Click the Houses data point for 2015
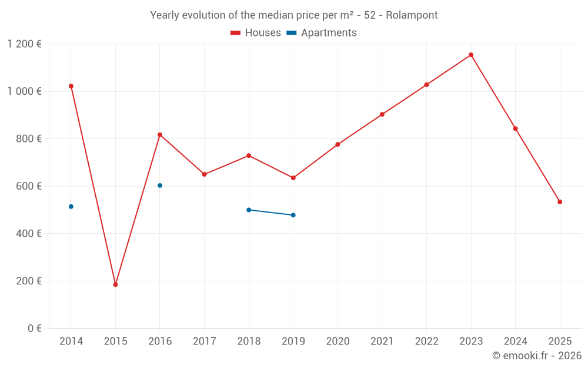115,284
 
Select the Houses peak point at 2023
471,55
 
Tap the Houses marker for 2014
71,86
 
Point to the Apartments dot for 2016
160,185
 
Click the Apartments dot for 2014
71,207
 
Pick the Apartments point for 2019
293,215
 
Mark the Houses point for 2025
560,202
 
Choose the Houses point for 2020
338,144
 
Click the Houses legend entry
256,33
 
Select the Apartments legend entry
322,33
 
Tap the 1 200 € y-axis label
24,44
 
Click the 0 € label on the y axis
34,329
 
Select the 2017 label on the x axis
204,342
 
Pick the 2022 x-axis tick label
426,342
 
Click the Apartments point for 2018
249,210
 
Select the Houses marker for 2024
516,128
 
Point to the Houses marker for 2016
160,135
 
